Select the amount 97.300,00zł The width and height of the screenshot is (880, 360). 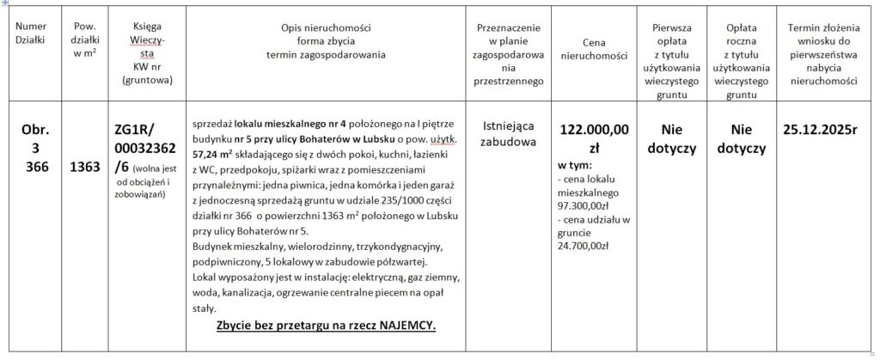(584, 207)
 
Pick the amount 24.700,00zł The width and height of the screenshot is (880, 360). (584, 246)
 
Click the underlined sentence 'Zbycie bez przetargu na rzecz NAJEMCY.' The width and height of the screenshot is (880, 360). (326, 327)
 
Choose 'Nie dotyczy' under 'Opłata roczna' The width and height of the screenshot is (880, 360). (741, 138)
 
